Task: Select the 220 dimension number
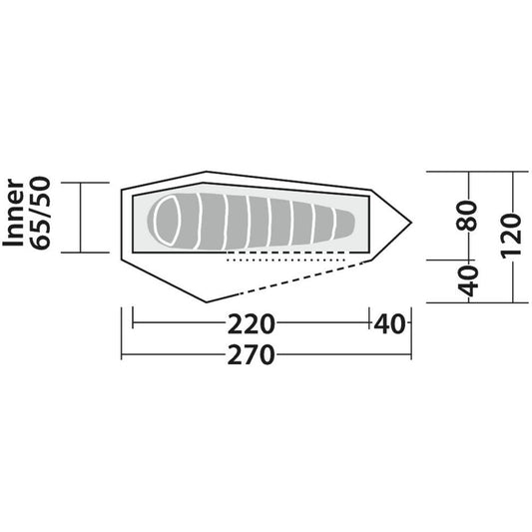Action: click(x=252, y=323)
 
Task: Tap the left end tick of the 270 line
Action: click(x=122, y=356)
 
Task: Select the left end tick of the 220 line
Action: click(x=133, y=323)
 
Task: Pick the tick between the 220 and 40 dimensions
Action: click(x=371, y=323)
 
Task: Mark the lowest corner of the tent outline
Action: click(x=205, y=301)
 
